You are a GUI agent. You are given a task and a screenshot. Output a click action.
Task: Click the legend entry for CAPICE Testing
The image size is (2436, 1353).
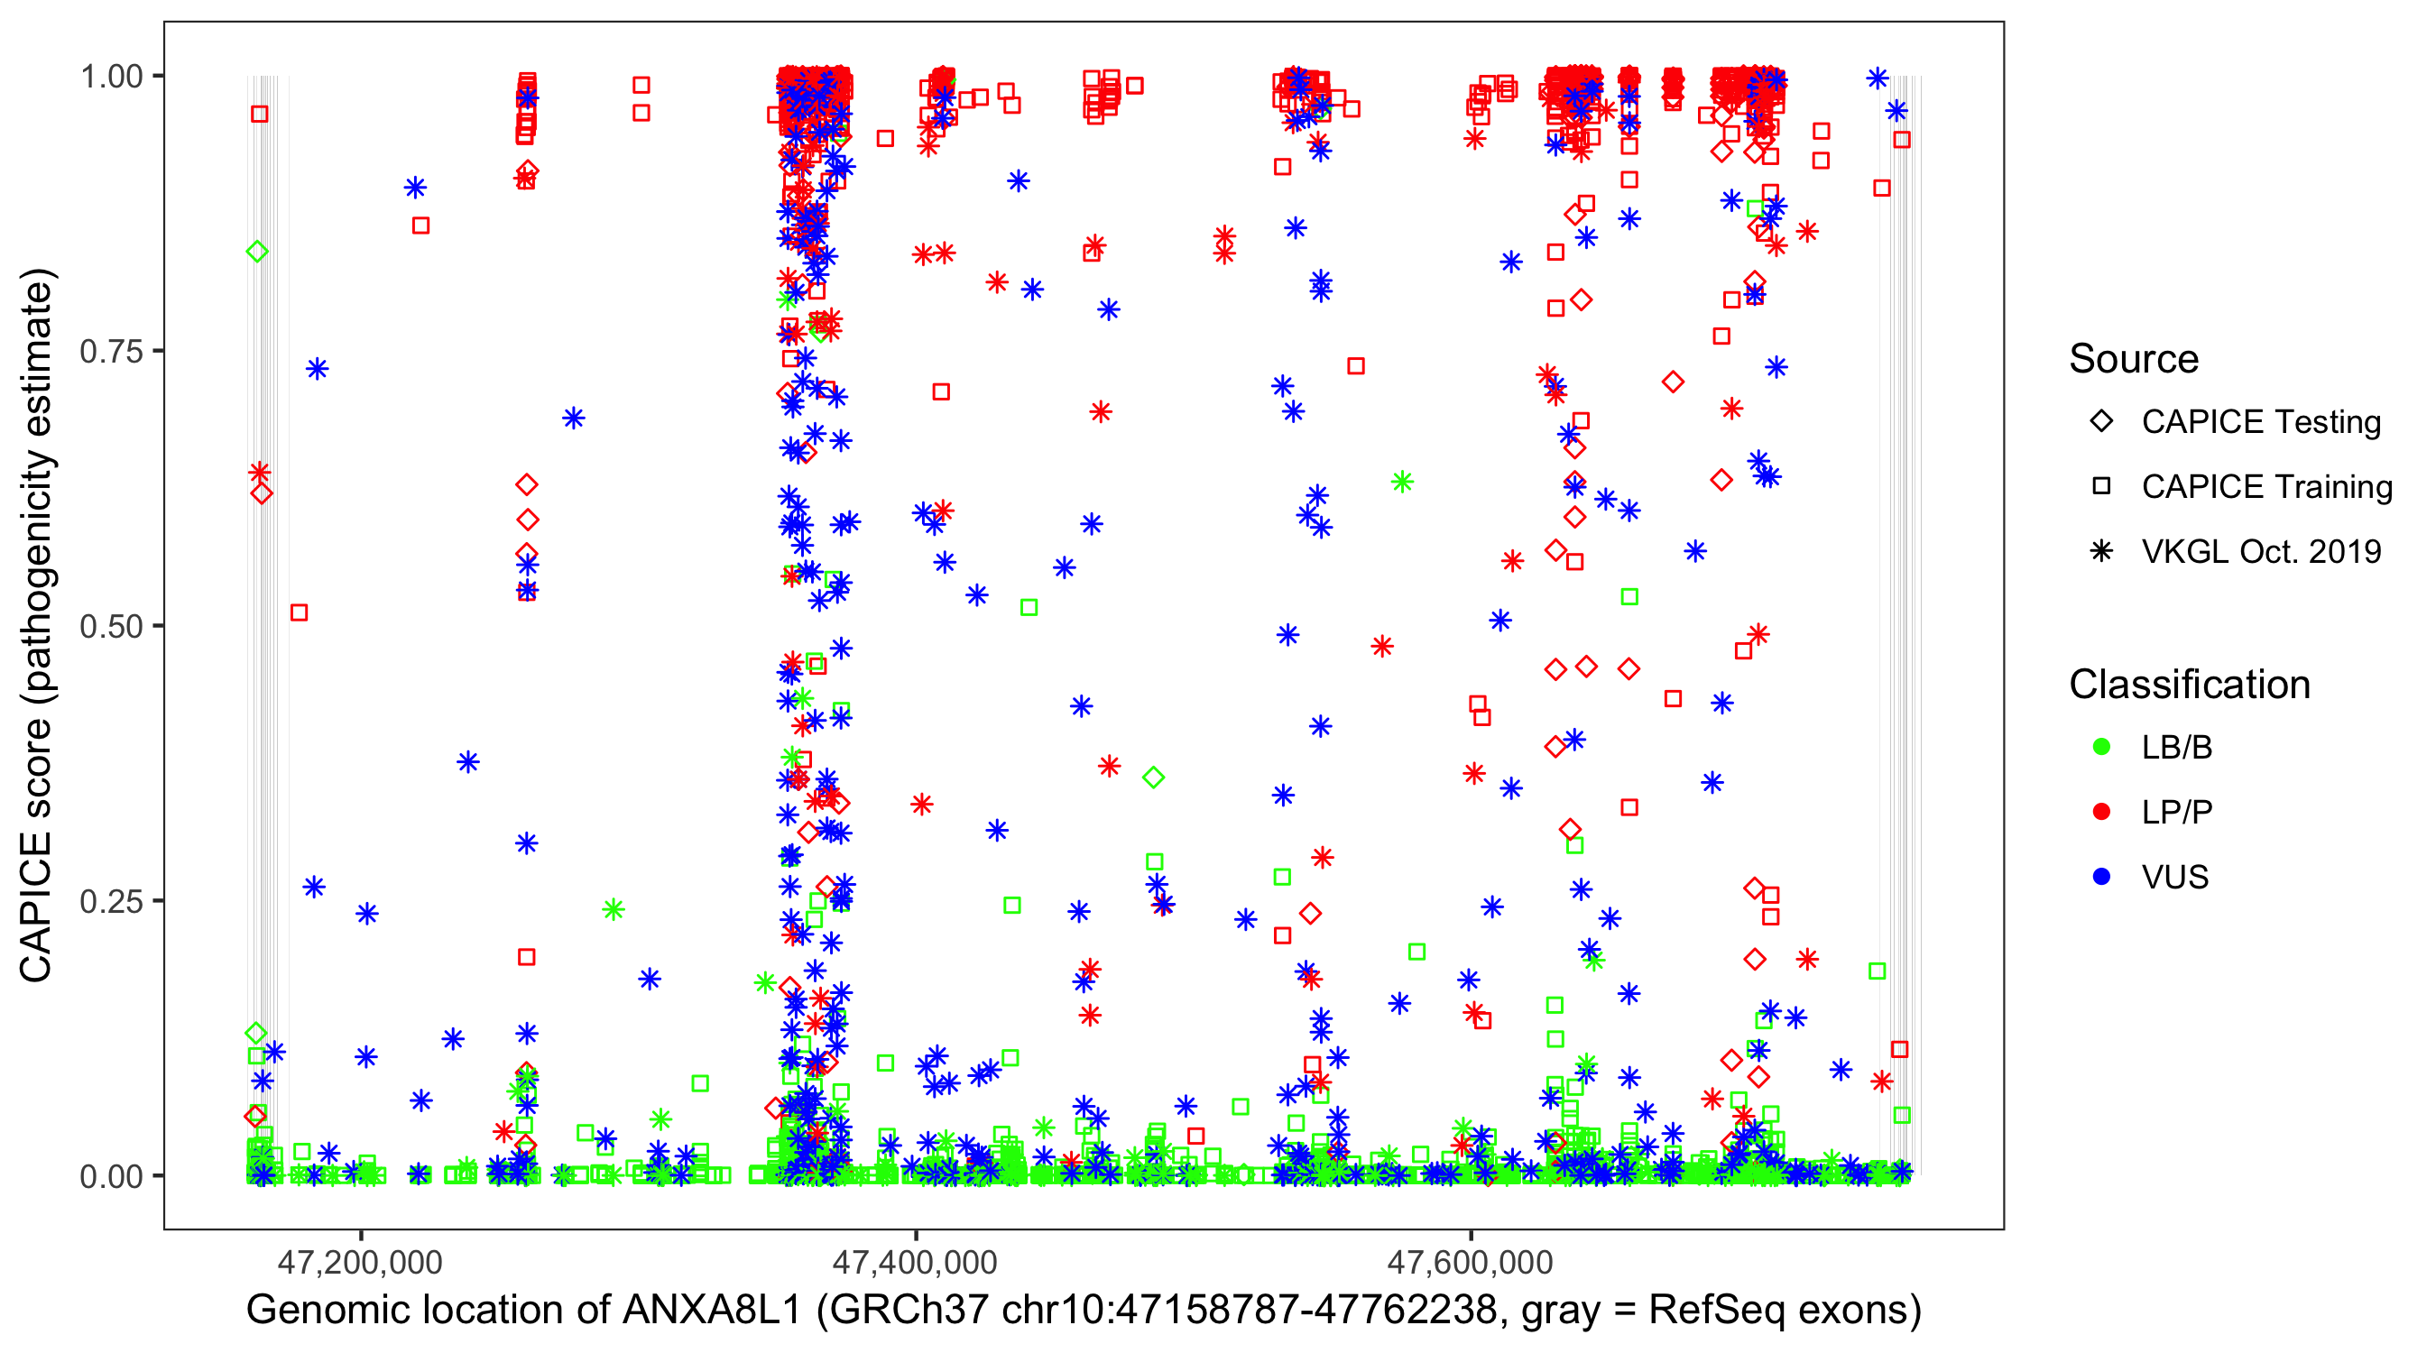pos(2260,422)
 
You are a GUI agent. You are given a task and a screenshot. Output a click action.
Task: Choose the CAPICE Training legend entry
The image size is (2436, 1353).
pos(2265,487)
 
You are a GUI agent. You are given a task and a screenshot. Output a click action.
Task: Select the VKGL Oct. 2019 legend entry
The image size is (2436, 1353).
pos(2260,551)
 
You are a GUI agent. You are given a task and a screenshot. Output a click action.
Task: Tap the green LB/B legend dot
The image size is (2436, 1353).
pos(2102,747)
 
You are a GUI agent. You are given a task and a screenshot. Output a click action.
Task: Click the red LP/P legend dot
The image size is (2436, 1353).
pos(2102,812)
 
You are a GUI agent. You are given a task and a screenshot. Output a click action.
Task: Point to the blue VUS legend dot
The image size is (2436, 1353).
pos(2102,877)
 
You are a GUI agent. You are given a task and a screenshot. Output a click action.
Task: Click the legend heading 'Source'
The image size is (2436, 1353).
pos(2134,359)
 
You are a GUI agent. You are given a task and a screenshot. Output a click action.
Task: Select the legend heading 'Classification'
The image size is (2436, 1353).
pos(2189,685)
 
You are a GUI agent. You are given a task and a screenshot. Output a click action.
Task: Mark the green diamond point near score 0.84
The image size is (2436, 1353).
pos(257,252)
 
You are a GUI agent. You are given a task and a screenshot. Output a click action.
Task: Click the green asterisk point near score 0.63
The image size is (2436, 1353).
pos(1402,483)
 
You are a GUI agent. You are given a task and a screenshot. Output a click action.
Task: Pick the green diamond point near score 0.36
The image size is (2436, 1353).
pos(1154,778)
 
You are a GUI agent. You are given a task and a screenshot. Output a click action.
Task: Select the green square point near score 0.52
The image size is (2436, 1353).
pos(1029,607)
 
